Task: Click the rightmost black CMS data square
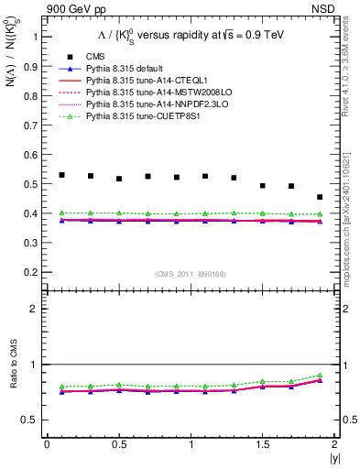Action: tap(320, 197)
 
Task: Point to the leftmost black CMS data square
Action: tap(61, 175)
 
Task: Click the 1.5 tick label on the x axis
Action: tap(262, 443)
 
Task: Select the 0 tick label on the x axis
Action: tap(47, 443)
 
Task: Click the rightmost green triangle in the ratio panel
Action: tap(320, 376)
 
